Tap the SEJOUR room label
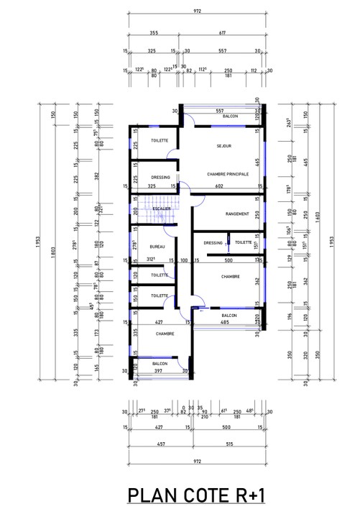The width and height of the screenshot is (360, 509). point(223,146)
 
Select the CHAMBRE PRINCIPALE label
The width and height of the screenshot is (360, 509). point(227,174)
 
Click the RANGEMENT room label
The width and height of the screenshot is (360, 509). point(236,214)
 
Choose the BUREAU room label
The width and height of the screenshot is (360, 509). point(157,247)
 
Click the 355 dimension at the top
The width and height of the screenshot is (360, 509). point(154,32)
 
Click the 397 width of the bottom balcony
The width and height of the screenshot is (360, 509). point(160,372)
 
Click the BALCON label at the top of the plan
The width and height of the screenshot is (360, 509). point(230,116)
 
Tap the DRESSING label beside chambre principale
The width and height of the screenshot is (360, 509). point(160,178)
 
